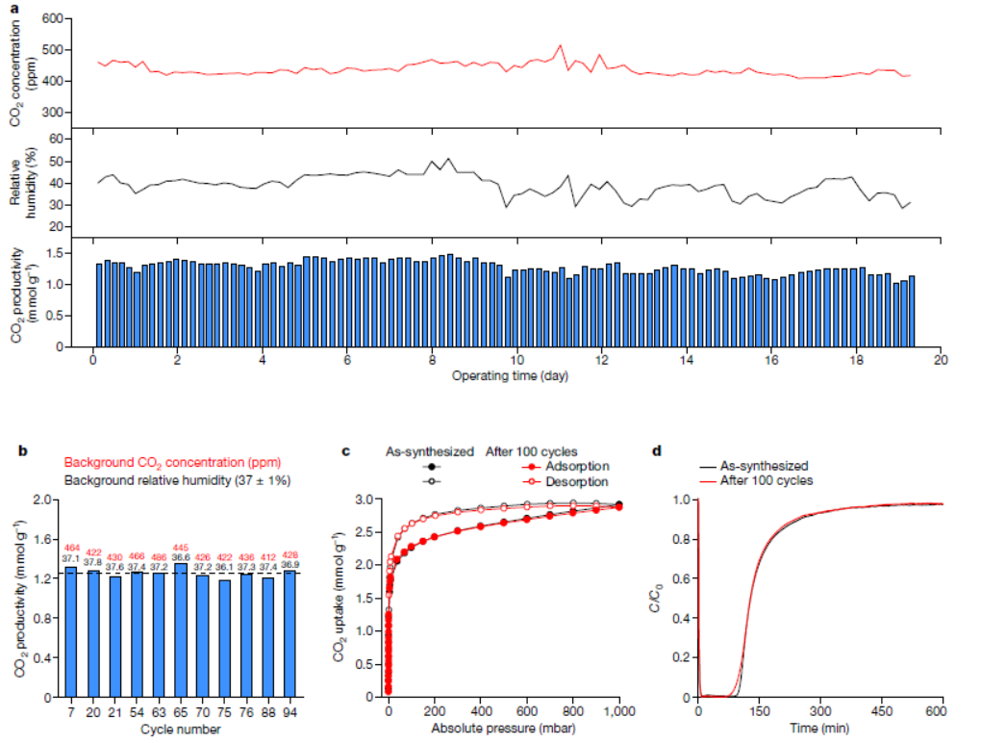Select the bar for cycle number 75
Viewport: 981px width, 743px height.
[224, 635]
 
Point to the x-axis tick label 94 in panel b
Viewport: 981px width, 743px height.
[289, 711]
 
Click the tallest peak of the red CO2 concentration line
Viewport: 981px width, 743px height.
[560, 45]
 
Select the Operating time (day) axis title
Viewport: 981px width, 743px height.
[510, 376]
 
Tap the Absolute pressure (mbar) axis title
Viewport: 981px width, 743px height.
[503, 728]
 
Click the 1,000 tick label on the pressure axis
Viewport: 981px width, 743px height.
[618, 711]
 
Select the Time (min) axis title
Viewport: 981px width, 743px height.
[819, 728]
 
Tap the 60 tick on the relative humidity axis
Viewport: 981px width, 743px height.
[55, 139]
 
